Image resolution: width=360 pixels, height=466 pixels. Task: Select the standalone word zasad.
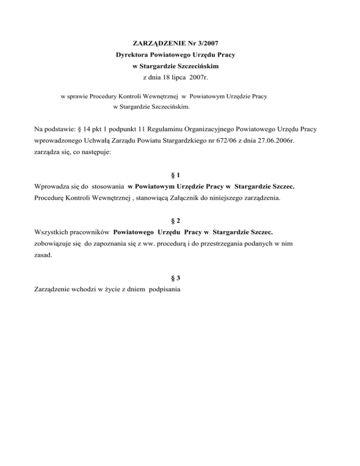click(x=44, y=256)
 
